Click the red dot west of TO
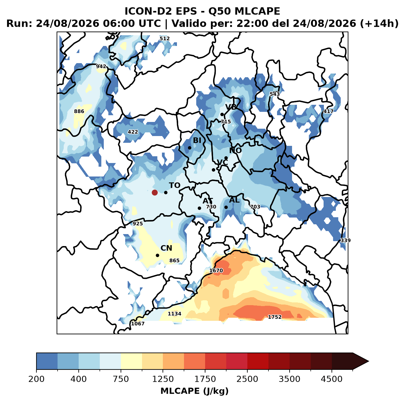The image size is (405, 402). pyautogui.click(x=155, y=192)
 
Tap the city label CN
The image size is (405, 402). pyautogui.click(x=166, y=248)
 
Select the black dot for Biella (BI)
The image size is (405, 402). pyautogui.click(x=189, y=148)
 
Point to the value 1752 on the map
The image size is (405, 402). pyautogui.click(x=275, y=317)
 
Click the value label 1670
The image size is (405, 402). pyautogui.click(x=216, y=271)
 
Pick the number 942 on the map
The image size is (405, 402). pyautogui.click(x=101, y=66)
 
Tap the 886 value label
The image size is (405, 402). pyautogui.click(x=79, y=111)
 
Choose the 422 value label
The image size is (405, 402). pyautogui.click(x=133, y=132)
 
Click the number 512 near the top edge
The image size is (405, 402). pyautogui.click(x=165, y=39)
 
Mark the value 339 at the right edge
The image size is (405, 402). pyautogui.click(x=345, y=240)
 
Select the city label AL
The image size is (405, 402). pyautogui.click(x=234, y=200)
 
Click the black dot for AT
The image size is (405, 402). pyautogui.click(x=199, y=208)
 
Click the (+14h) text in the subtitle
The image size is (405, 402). pyautogui.click(x=379, y=24)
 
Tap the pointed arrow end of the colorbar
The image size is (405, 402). pyautogui.click(x=369, y=361)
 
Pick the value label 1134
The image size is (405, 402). pyautogui.click(x=174, y=314)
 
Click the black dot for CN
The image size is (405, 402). pyautogui.click(x=157, y=255)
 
